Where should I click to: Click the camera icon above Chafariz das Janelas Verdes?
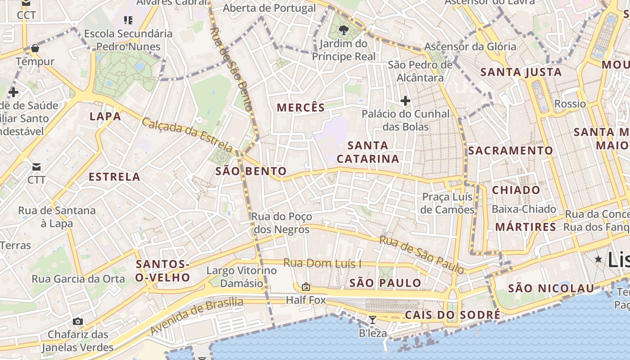78,321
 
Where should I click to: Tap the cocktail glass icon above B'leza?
372,320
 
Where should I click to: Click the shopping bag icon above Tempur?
35,48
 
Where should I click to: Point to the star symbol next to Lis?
598,259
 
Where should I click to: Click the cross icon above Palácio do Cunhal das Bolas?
405,101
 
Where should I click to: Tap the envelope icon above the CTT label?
36,167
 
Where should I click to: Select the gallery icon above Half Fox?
306,286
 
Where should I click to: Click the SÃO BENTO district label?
251,171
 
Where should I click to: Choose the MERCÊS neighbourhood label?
301,108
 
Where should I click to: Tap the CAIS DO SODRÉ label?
452,315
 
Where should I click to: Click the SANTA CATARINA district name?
368,152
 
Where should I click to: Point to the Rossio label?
570,104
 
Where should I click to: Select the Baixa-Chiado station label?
524,209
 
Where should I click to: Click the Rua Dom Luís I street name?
322,263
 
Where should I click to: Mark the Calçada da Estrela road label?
188,135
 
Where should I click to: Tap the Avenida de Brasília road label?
196,315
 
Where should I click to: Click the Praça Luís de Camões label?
448,203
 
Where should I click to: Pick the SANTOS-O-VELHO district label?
162,271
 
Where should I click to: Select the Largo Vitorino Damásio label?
241,277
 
